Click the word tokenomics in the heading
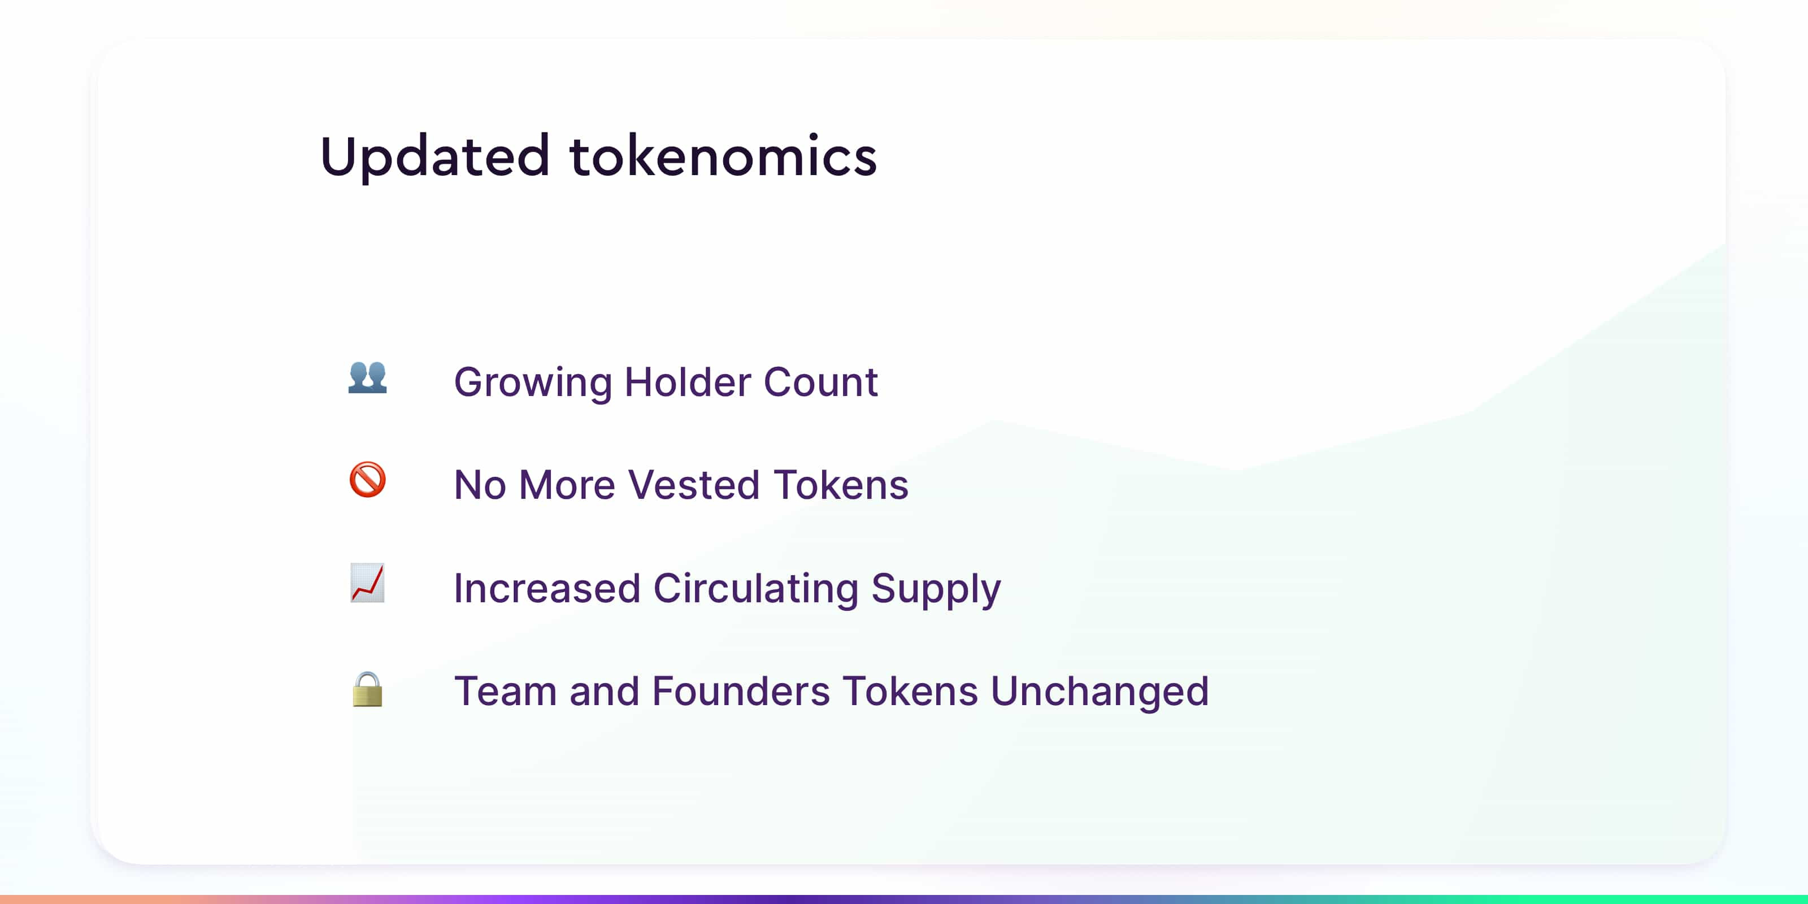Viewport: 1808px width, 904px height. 724,155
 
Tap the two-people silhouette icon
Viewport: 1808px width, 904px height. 368,377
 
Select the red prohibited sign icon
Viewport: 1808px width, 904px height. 368,480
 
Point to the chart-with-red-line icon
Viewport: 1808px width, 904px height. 368,583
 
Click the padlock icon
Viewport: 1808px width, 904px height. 368,689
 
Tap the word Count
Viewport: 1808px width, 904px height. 820,382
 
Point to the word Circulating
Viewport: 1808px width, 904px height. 756,588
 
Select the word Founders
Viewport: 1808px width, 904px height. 741,692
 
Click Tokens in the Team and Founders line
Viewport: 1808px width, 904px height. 910,692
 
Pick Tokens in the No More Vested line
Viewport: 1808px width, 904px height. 841,485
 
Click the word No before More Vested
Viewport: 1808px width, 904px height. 480,485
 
